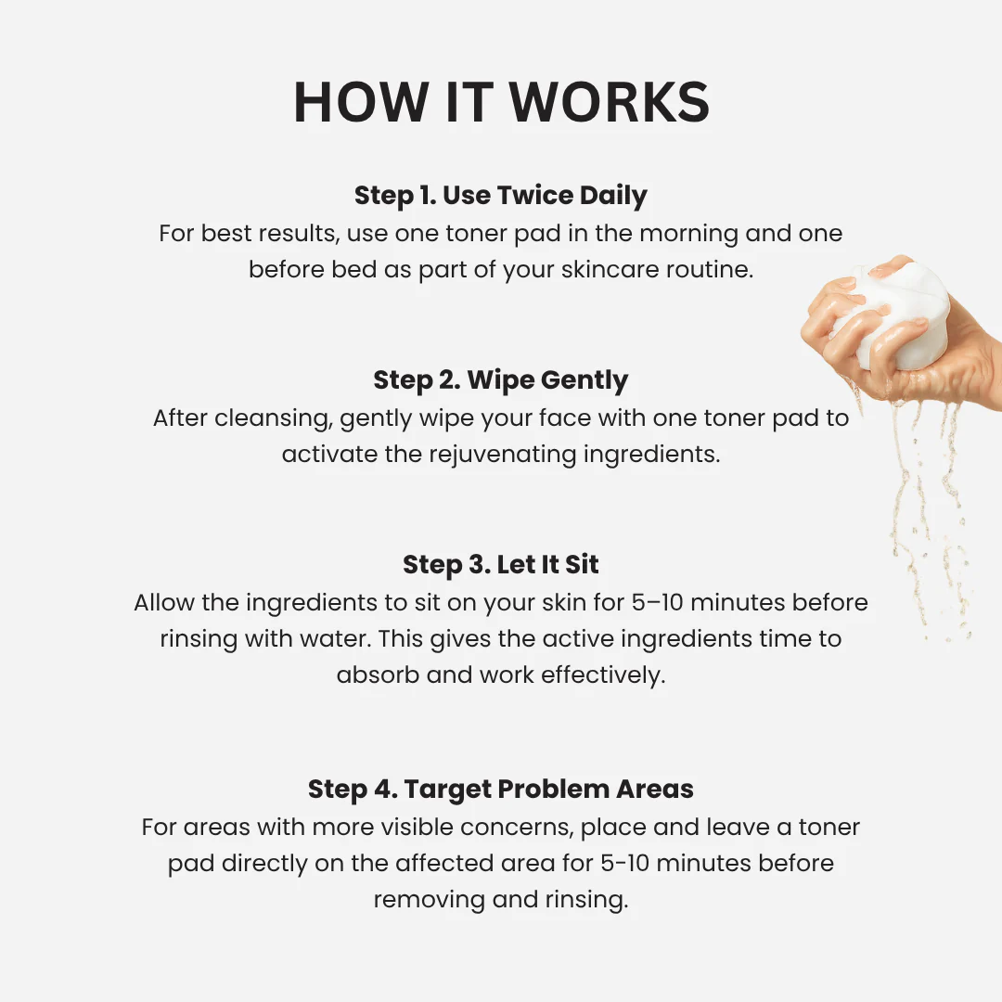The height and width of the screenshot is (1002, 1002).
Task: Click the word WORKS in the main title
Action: tap(609, 102)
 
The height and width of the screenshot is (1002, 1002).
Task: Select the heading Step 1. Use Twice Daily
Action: tap(501, 196)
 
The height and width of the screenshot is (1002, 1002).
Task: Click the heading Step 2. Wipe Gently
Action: tap(501, 380)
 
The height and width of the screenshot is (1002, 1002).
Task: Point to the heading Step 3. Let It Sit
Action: tap(501, 564)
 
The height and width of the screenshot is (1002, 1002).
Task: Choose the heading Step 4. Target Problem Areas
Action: tap(501, 790)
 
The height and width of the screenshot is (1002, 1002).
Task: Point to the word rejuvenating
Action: tap(502, 455)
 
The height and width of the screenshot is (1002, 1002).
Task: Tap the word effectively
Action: tap(603, 675)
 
